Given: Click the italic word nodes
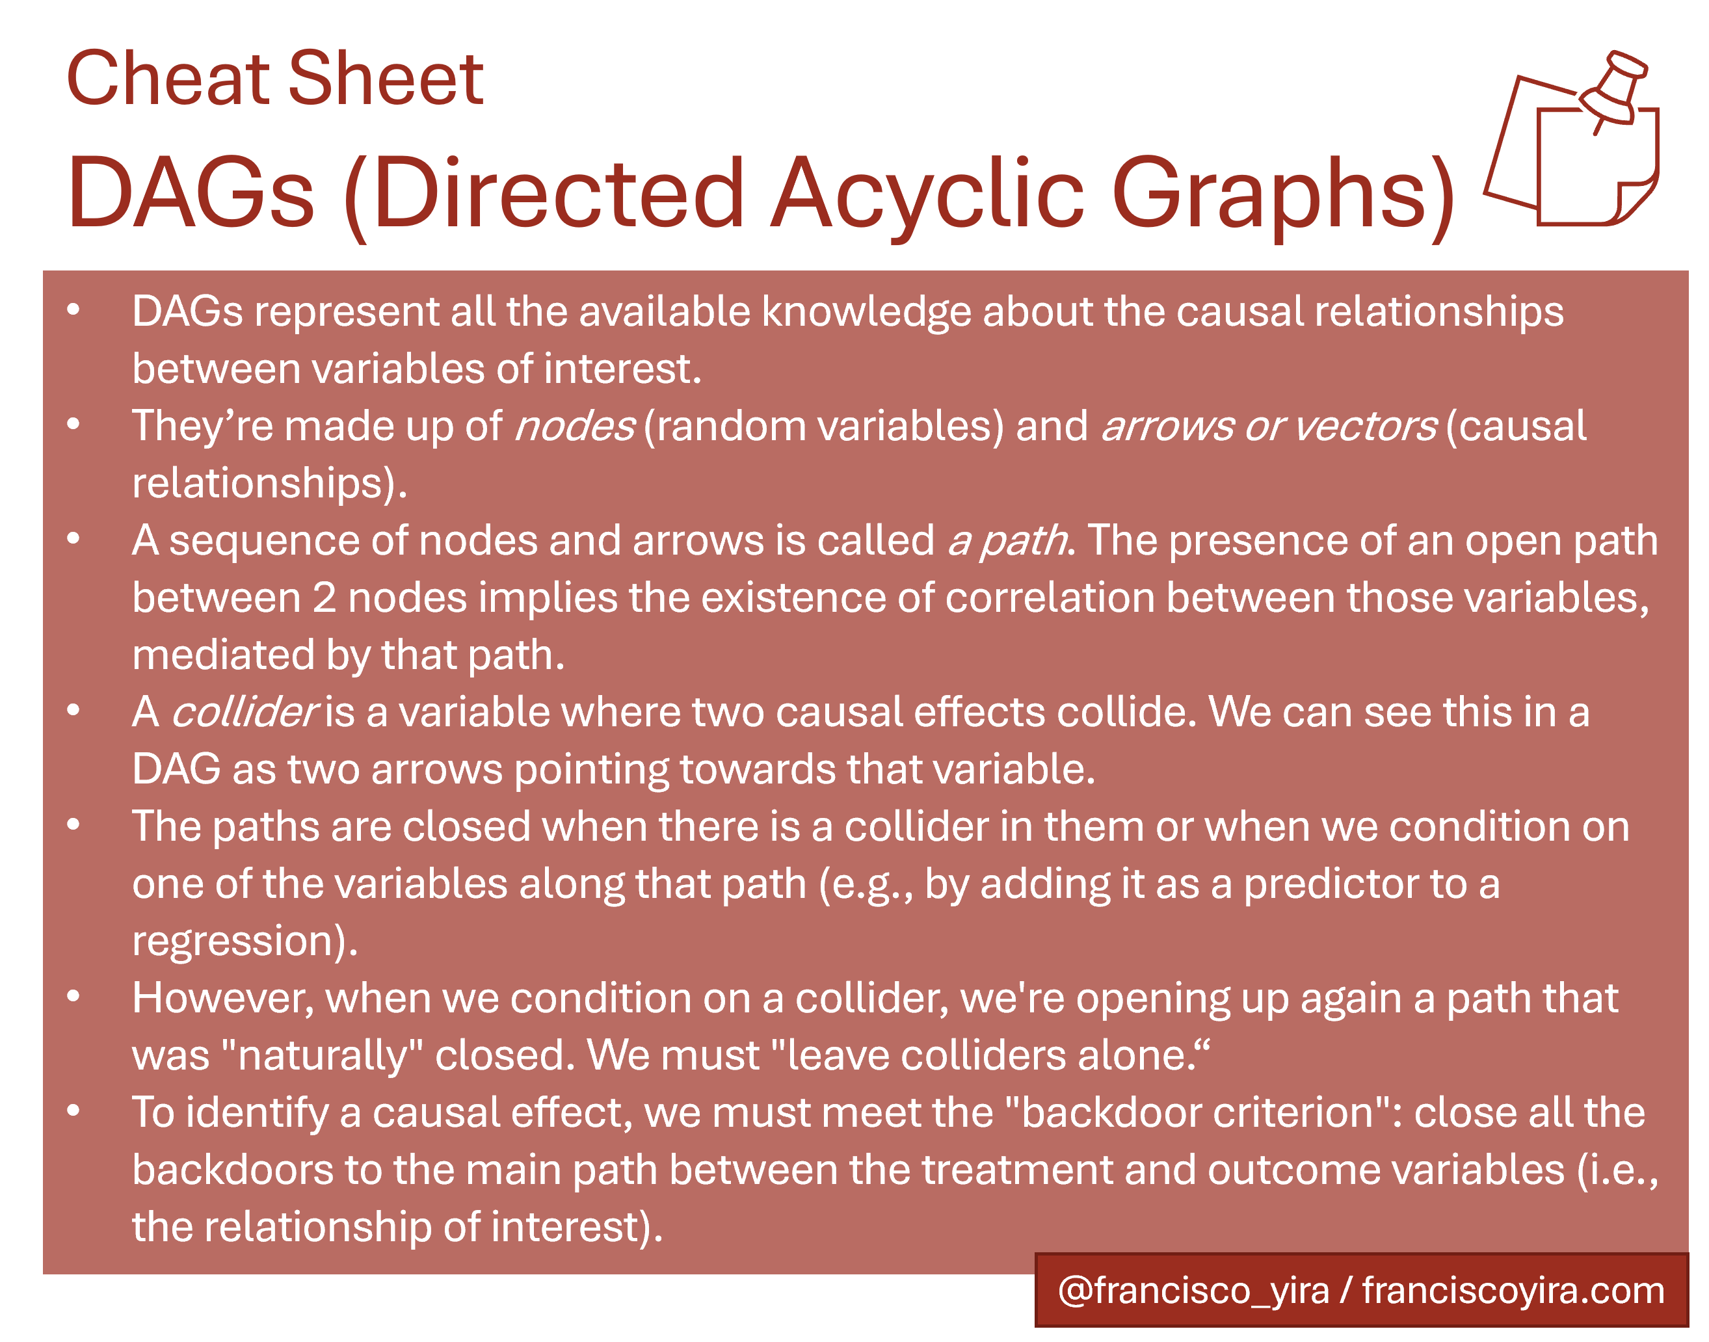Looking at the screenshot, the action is [x=574, y=427].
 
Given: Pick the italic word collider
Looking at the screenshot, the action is [x=245, y=712].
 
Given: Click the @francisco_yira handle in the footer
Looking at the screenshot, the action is [x=1193, y=1291].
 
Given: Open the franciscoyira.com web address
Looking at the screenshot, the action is [x=1513, y=1291].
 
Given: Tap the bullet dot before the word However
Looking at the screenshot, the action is [x=74, y=996].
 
